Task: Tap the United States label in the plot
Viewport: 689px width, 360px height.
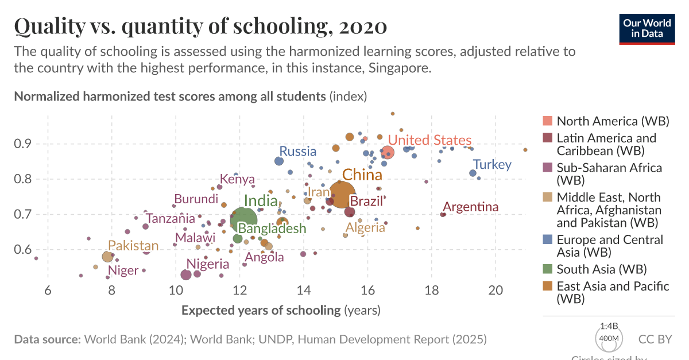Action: tap(429, 140)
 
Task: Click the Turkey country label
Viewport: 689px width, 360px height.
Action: tap(492, 165)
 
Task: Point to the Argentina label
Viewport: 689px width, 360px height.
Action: tap(471, 207)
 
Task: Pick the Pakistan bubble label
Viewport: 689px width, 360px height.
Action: tap(133, 246)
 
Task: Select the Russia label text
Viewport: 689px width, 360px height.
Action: tap(297, 152)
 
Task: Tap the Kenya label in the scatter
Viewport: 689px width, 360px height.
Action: tap(237, 179)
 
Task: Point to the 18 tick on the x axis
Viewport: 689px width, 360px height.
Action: tap(432, 291)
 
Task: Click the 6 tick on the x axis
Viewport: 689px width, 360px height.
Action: tap(48, 291)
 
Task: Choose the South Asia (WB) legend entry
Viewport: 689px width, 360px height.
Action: tap(601, 269)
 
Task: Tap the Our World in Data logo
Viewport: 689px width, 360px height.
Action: tap(647, 28)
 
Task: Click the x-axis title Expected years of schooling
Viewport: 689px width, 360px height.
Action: tap(261, 311)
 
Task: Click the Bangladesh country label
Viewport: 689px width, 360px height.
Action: tap(272, 228)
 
